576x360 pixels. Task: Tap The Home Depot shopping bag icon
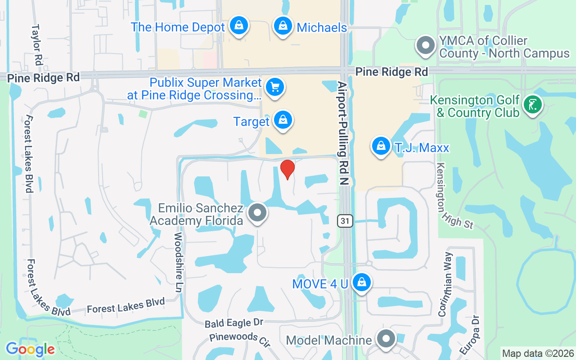click(238, 26)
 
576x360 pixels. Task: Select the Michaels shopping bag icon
click(283, 26)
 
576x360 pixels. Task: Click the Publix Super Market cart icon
click(274, 87)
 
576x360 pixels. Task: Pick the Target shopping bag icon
click(283, 120)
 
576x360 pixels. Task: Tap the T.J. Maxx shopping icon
click(381, 146)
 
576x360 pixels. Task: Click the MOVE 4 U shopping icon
click(361, 283)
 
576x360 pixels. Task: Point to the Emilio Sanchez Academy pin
click(258, 213)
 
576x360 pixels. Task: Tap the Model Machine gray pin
click(386, 339)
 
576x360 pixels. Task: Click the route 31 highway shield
click(345, 221)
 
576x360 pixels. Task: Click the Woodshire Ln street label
click(179, 263)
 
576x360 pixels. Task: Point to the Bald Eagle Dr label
click(234, 323)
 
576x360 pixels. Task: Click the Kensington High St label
click(454, 195)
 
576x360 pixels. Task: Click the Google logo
click(30, 349)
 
